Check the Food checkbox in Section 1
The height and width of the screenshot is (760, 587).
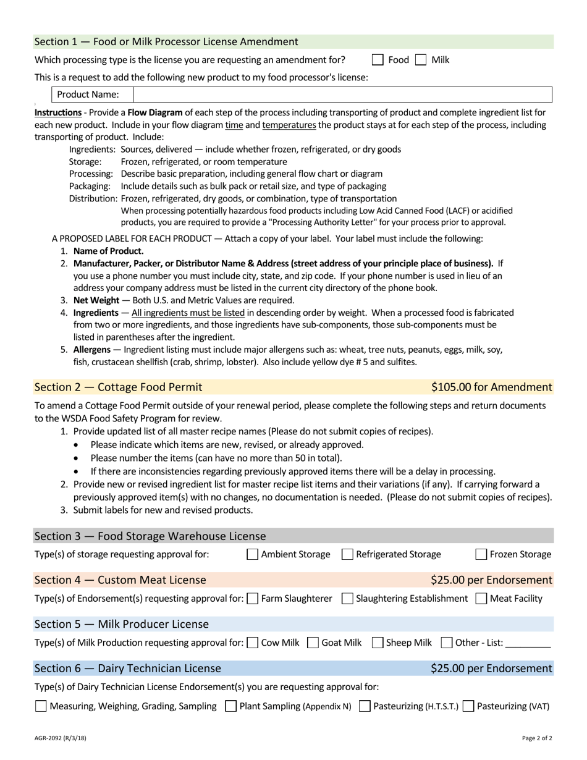click(378, 60)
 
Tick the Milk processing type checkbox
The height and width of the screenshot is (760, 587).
click(421, 60)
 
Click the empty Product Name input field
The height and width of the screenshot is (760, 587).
click(342, 95)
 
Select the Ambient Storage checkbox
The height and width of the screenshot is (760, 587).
click(252, 554)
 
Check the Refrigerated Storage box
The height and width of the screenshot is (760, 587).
click(347, 554)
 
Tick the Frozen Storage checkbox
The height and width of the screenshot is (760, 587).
click(481, 554)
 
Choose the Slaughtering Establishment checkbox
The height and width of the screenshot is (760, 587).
click(347, 598)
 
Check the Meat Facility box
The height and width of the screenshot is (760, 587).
click(481, 598)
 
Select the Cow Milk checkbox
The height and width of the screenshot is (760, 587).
click(252, 643)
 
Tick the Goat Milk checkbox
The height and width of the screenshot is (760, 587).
click(313, 643)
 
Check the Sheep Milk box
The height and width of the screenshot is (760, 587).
click(377, 643)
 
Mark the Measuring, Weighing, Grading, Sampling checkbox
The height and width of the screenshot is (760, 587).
click(41, 706)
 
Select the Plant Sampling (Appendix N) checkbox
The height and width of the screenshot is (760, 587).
click(230, 706)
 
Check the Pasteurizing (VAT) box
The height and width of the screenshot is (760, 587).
click(468, 706)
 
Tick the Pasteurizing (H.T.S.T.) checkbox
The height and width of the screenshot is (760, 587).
click(365, 706)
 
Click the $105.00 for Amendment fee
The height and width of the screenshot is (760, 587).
click(491, 387)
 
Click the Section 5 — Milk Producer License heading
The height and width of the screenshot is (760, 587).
click(121, 624)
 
